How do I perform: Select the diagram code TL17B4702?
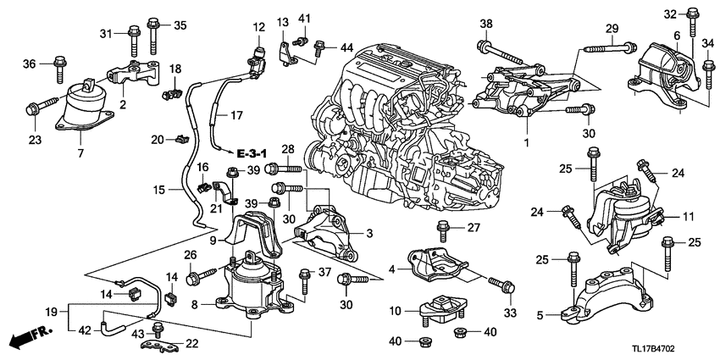675,348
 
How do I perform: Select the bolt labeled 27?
441,228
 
